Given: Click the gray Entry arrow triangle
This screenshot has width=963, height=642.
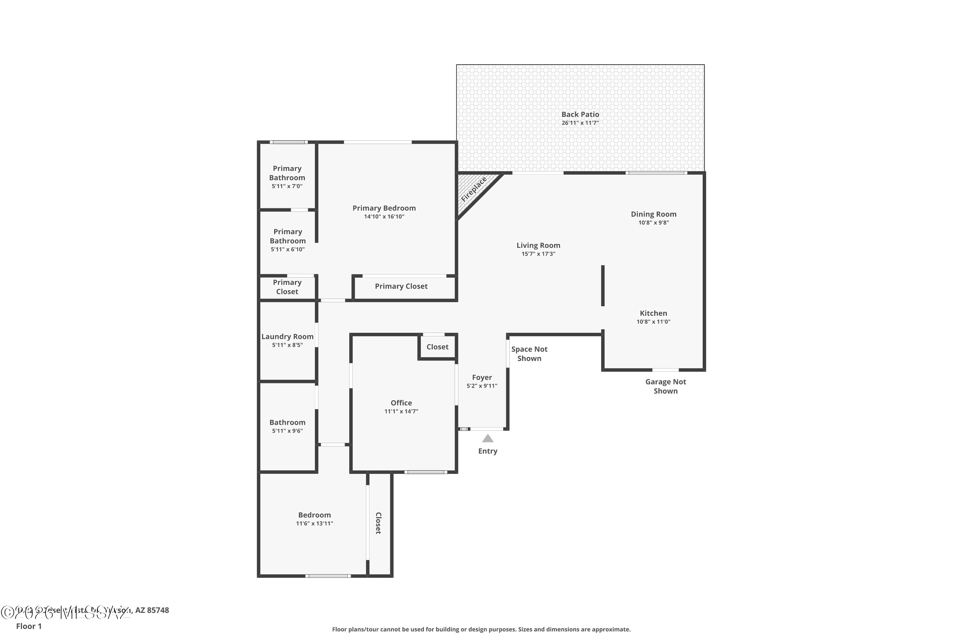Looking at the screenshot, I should [x=487, y=438].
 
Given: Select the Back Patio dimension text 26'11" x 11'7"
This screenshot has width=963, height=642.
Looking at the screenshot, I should [x=580, y=123].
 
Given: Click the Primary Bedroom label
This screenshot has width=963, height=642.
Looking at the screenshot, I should [x=384, y=208].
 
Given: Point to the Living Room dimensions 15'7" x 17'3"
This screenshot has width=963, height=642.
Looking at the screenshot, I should [x=538, y=254].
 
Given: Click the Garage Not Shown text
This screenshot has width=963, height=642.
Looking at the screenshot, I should [x=665, y=386].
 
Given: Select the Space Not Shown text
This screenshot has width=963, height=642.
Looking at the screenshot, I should [x=529, y=353].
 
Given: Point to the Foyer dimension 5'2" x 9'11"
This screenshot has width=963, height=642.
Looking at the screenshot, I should [x=481, y=386].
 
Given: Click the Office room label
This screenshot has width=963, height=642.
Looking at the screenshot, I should [x=401, y=403].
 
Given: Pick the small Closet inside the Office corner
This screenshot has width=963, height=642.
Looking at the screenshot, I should [x=437, y=347].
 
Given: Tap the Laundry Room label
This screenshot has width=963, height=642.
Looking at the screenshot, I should [x=287, y=336].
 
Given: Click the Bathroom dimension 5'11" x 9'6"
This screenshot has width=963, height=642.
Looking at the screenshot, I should [x=287, y=431].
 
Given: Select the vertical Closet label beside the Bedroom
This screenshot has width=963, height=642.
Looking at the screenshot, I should [x=378, y=523].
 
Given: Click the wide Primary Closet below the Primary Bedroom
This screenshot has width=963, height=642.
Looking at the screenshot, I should [x=401, y=286].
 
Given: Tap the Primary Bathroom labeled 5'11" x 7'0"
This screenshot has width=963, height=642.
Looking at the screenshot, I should [x=287, y=177].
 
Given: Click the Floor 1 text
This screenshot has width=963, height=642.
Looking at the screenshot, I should [x=29, y=626].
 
